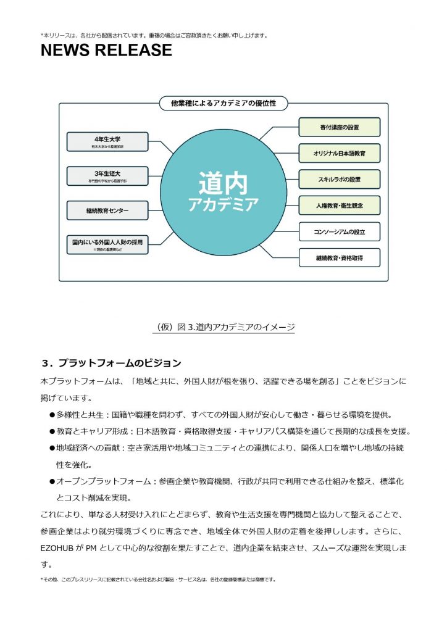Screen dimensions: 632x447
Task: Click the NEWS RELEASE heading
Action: pos(106,51)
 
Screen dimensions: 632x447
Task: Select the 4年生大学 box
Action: pos(107,141)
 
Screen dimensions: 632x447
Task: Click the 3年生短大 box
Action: pos(107,176)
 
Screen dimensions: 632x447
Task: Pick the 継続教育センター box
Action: pos(107,210)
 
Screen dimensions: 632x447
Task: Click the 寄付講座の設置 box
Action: pos(340,127)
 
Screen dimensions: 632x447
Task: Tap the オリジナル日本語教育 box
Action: pos(340,153)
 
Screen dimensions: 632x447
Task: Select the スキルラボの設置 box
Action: pos(340,180)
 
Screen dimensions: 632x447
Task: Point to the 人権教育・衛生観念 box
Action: pos(340,206)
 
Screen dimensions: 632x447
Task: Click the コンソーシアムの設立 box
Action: pos(340,231)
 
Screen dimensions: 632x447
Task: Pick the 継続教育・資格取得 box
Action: pos(340,258)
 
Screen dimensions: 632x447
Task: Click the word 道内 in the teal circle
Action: pos(223,183)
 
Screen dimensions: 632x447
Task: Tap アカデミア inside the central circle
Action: pos(223,204)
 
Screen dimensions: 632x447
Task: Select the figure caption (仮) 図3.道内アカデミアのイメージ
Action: pos(223,326)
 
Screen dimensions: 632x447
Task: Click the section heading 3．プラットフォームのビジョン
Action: pos(111,362)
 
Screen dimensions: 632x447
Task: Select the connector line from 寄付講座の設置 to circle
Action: pos(278,131)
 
